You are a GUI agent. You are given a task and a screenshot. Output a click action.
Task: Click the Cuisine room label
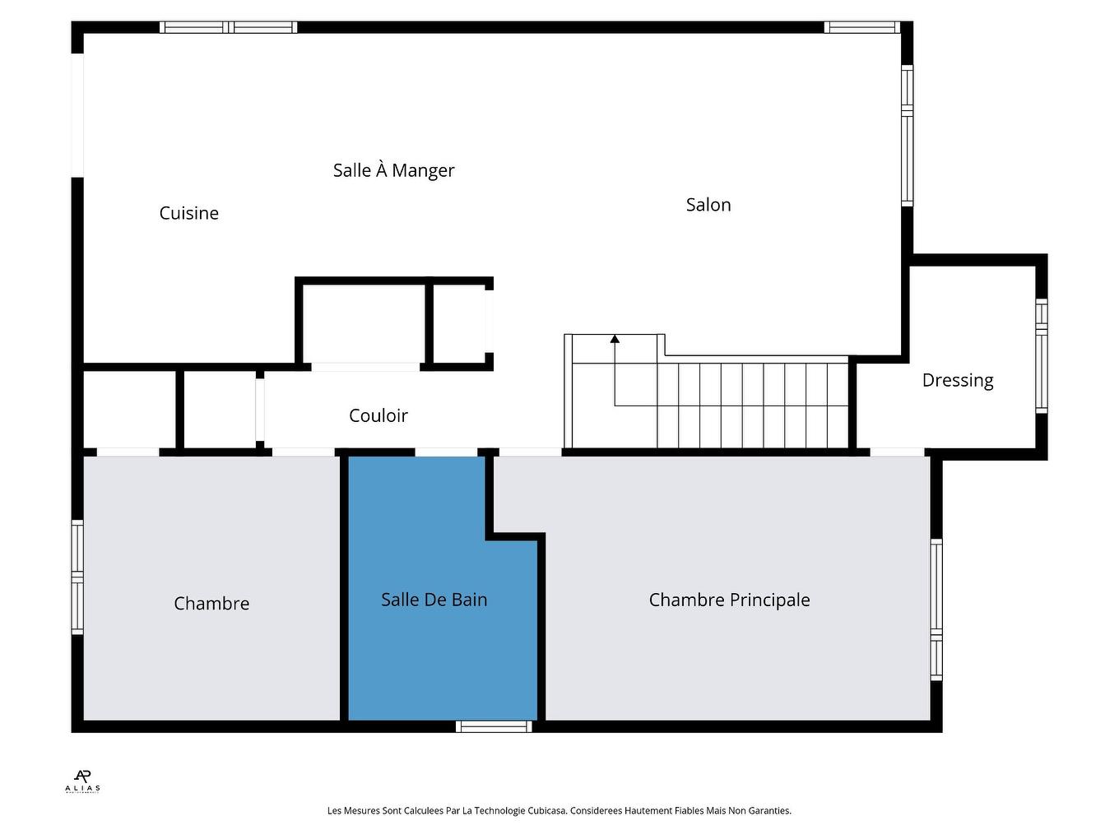tap(188, 213)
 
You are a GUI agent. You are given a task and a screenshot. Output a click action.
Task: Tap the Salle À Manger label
tap(393, 170)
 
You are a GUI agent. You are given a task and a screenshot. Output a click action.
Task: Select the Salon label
tap(708, 205)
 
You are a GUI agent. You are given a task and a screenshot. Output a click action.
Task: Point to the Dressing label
tap(958, 380)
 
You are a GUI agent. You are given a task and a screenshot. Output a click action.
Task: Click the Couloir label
tap(378, 415)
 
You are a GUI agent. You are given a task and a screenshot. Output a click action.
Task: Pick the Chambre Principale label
tap(729, 600)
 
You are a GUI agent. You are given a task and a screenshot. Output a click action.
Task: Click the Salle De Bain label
tap(434, 600)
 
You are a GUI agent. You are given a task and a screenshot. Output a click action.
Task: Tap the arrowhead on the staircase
tap(615, 338)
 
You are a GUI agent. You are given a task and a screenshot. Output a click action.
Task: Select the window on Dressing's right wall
tap(1041, 355)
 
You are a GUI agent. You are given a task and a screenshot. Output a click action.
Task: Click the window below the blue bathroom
tap(494, 726)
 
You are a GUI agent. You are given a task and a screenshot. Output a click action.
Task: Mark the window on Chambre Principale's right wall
tap(936, 609)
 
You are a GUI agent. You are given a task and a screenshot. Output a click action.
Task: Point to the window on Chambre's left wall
tap(77, 577)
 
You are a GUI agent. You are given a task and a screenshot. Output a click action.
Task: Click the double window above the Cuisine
tap(228, 27)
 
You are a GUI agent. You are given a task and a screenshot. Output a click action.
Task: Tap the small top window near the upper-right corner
tap(861, 27)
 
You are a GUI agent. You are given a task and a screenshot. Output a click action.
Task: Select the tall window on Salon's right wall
tap(907, 135)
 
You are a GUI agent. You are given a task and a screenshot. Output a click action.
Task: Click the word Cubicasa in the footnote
tap(546, 811)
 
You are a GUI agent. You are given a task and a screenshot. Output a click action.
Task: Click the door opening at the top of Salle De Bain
tap(445, 452)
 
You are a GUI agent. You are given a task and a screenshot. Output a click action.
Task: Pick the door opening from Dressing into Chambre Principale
tap(897, 452)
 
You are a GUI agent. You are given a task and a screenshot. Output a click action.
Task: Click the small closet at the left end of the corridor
tap(130, 410)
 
